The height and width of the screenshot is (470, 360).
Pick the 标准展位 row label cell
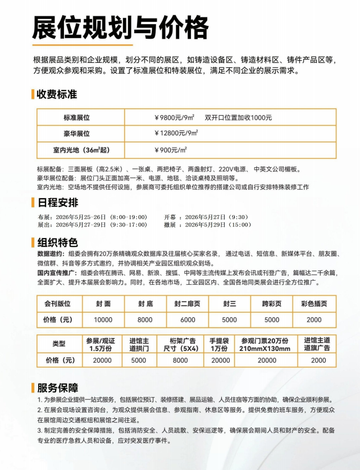tap(76, 117)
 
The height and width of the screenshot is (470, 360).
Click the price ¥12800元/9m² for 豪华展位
tap(176, 134)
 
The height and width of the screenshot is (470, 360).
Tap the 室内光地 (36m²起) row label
tap(76, 150)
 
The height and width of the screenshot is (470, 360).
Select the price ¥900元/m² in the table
tap(171, 150)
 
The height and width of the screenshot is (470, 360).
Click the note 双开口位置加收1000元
tap(238, 117)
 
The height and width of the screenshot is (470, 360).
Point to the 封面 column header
tap(103, 304)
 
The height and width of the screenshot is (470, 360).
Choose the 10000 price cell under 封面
tap(103, 320)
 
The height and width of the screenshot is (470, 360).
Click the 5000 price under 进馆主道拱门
tap(138, 361)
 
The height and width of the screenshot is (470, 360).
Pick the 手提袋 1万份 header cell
tap(221, 344)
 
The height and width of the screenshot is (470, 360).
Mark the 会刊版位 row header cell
tap(58, 304)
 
